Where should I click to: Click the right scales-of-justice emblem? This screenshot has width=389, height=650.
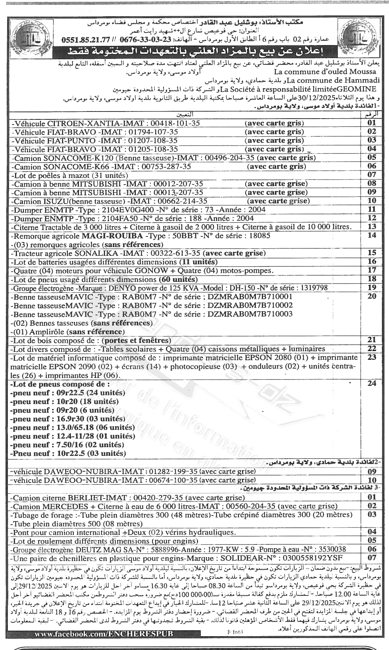click(358, 38)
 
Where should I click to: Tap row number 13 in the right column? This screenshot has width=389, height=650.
click(371, 227)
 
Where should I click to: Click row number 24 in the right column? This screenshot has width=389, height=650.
click(371, 384)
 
